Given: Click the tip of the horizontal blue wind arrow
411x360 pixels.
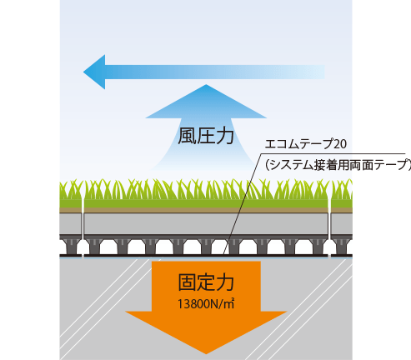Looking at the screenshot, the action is click(83, 72).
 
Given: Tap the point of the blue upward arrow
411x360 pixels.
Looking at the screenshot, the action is click(206, 85).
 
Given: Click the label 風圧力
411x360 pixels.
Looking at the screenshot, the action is click(206, 136).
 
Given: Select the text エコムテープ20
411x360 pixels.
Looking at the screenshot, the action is click(306, 144).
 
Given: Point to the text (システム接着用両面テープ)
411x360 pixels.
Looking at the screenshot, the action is click(338, 165).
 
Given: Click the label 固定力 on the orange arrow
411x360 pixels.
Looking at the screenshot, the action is click(206, 282).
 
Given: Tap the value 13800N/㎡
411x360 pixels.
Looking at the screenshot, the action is click(206, 304).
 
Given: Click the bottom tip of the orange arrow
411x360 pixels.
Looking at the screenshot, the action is click(206, 354).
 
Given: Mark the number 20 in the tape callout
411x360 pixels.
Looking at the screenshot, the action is click(340, 144).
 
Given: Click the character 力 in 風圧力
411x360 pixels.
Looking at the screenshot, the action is click(225, 136).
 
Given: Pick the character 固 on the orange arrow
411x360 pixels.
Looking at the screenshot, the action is click(187, 282).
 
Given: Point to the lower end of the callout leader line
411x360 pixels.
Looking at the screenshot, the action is click(224, 253).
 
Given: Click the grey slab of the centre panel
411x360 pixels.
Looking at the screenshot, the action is click(206, 223).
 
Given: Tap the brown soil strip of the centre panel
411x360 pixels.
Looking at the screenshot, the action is click(206, 210).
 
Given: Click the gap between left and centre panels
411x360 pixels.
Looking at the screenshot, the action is click(83, 219).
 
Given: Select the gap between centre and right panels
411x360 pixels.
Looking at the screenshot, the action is click(329, 219).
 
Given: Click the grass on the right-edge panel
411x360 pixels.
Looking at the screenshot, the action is click(342, 194).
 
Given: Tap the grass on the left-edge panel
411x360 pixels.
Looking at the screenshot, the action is click(71, 194).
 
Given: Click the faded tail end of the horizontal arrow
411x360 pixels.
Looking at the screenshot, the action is click(324, 72).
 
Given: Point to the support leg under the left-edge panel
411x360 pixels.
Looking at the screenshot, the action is click(71, 247).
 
